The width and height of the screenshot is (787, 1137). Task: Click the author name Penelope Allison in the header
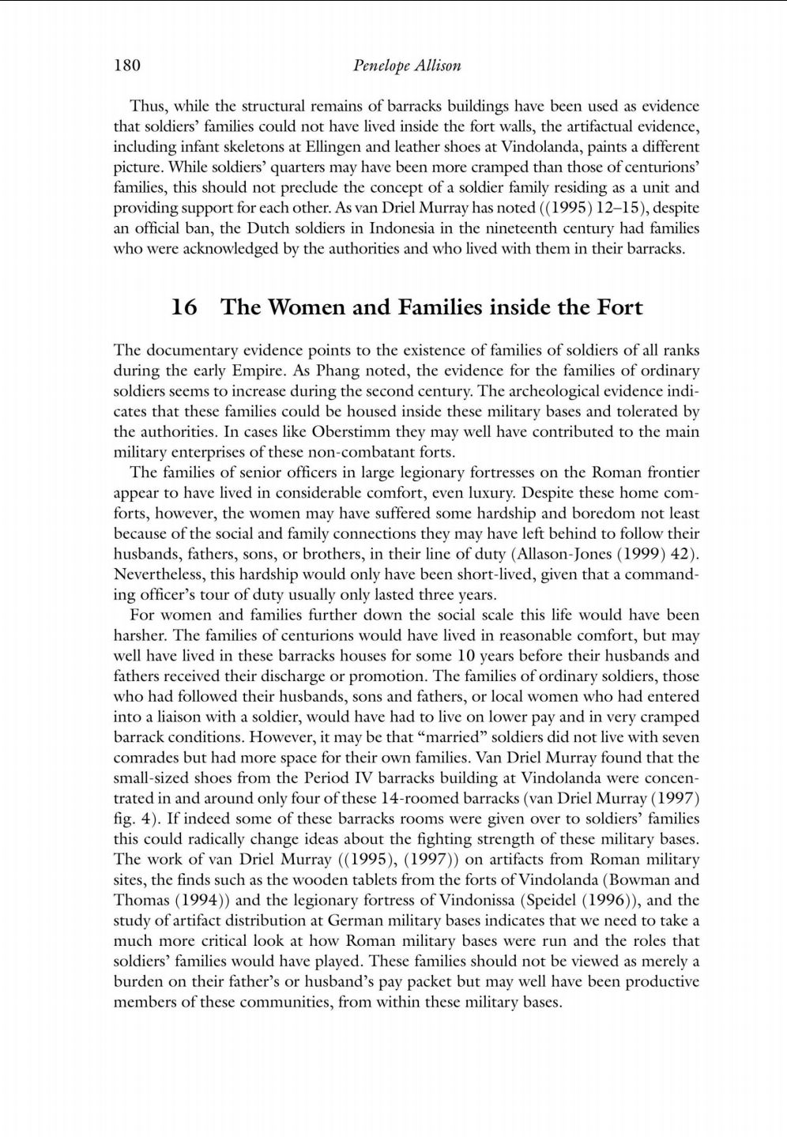pyautogui.click(x=406, y=66)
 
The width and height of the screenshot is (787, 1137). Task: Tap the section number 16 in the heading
pyautogui.click(x=183, y=307)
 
